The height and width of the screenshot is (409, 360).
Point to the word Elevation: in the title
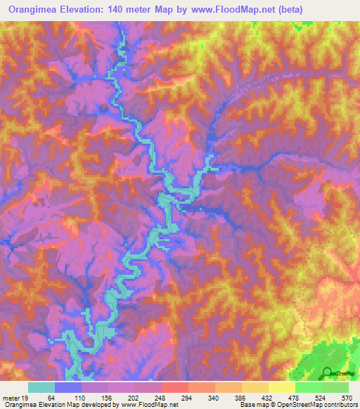pyautogui.click(x=89, y=9)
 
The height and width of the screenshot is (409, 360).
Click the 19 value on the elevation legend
pyautogui.click(x=25, y=397)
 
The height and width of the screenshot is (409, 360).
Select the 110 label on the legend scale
pyautogui.click(x=82, y=397)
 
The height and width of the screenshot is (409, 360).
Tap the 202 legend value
pyautogui.click(x=144, y=397)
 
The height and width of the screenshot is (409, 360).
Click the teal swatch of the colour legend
pyautogui.click(x=41, y=387)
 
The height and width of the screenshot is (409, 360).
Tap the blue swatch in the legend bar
pyautogui.click(x=68, y=387)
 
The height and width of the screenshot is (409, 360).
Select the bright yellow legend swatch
pyautogui.click(x=282, y=387)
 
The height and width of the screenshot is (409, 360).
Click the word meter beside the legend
pyautogui.click(x=11, y=397)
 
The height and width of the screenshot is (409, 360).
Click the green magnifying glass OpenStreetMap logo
pyautogui.click(x=328, y=372)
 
